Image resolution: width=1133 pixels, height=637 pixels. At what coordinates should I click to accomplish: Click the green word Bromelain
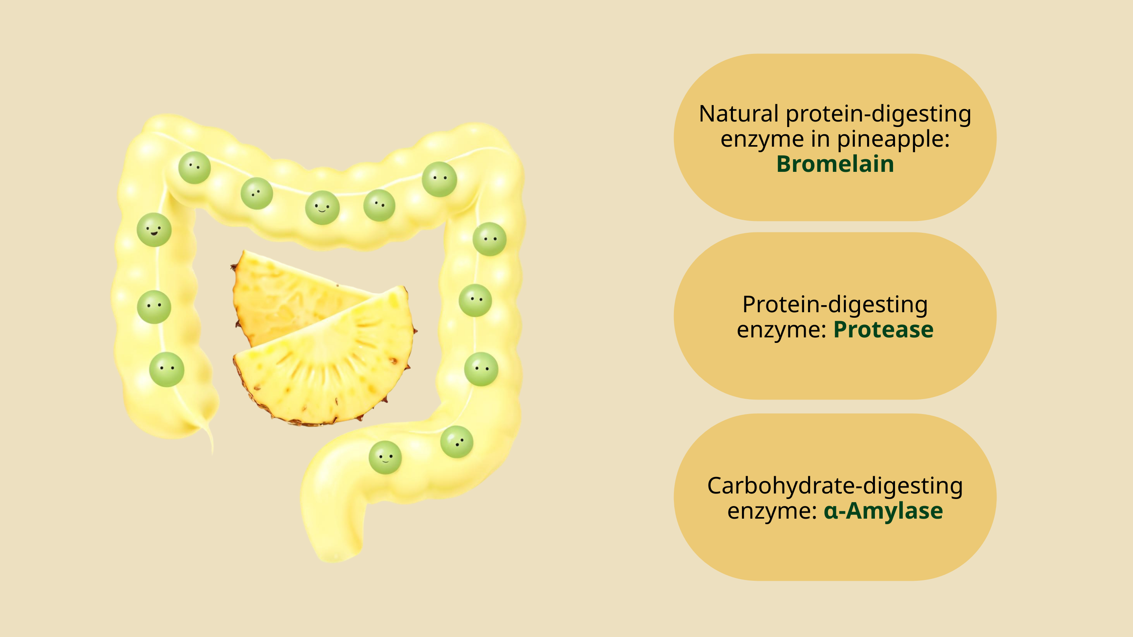point(835,164)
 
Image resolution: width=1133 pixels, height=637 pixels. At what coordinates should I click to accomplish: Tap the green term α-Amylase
point(883,510)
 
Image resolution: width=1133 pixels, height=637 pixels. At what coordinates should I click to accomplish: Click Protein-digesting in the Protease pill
point(835,305)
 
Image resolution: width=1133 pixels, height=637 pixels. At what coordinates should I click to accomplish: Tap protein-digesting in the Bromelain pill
point(878,114)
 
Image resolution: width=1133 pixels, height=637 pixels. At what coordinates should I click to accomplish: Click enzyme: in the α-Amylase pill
point(772,511)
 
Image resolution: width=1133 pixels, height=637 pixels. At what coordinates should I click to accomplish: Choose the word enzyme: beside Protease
point(782,330)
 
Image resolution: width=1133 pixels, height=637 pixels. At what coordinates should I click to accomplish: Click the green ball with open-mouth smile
point(154,230)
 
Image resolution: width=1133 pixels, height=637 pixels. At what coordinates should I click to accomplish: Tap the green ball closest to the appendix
point(167,369)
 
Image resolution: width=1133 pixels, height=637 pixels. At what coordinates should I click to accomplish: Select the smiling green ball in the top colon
point(323,208)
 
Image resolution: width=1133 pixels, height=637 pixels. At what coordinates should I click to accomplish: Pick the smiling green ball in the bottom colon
point(385,457)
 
